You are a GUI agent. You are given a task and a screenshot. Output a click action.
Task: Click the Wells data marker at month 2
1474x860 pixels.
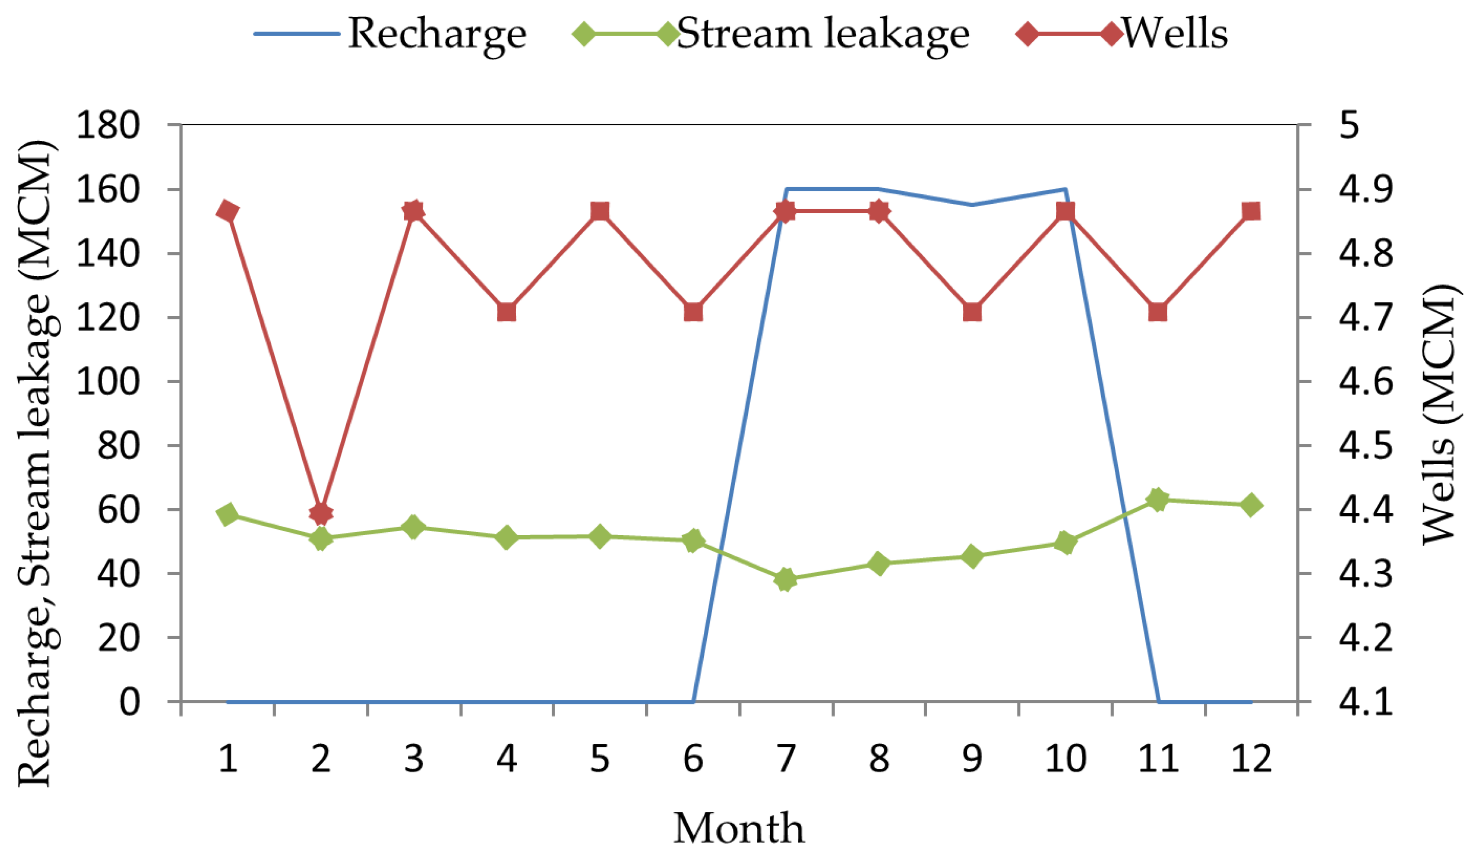click(x=321, y=513)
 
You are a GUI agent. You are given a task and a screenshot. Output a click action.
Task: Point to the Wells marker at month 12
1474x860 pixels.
click(x=1251, y=211)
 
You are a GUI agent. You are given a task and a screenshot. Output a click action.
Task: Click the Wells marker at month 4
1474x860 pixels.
click(x=506, y=312)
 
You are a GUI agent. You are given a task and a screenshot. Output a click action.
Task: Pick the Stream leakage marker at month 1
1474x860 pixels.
click(x=228, y=514)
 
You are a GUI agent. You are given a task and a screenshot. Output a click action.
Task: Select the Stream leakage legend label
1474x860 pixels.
click(x=822, y=33)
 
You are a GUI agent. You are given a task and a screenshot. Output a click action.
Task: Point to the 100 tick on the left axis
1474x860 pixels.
click(x=108, y=381)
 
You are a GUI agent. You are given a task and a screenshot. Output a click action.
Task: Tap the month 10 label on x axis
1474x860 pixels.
click(x=1065, y=759)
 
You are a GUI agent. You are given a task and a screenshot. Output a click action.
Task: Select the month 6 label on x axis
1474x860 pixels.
click(x=693, y=759)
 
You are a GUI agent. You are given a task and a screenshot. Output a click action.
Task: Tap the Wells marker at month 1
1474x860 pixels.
click(x=228, y=211)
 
